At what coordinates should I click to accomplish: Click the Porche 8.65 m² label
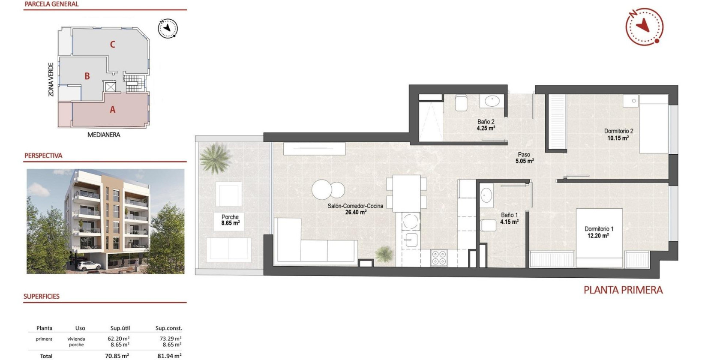coord(230,220)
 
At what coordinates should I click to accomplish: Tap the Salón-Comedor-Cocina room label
coord(355,209)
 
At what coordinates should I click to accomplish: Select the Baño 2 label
coord(486,125)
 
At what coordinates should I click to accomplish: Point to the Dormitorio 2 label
coord(618,135)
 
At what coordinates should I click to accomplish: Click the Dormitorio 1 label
coord(599,232)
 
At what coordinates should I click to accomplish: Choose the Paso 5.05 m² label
coord(524,158)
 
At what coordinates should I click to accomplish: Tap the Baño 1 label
coord(509,218)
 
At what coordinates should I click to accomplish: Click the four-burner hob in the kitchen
coord(439,258)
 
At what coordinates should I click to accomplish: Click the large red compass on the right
coord(644,27)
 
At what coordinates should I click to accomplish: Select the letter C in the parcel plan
coord(112,45)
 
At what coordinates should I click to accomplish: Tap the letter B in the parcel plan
coord(87,76)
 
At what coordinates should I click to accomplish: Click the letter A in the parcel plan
coord(112,110)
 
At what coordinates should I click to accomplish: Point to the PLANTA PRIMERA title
coord(623,290)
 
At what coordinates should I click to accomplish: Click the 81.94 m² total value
coord(169,356)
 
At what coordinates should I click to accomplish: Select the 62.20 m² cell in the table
coord(118,339)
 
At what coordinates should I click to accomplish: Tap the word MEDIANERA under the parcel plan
coord(104,135)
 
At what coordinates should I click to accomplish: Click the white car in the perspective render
coord(89,266)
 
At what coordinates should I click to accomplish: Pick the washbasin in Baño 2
coord(492,101)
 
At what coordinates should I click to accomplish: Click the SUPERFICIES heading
coord(42,296)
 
